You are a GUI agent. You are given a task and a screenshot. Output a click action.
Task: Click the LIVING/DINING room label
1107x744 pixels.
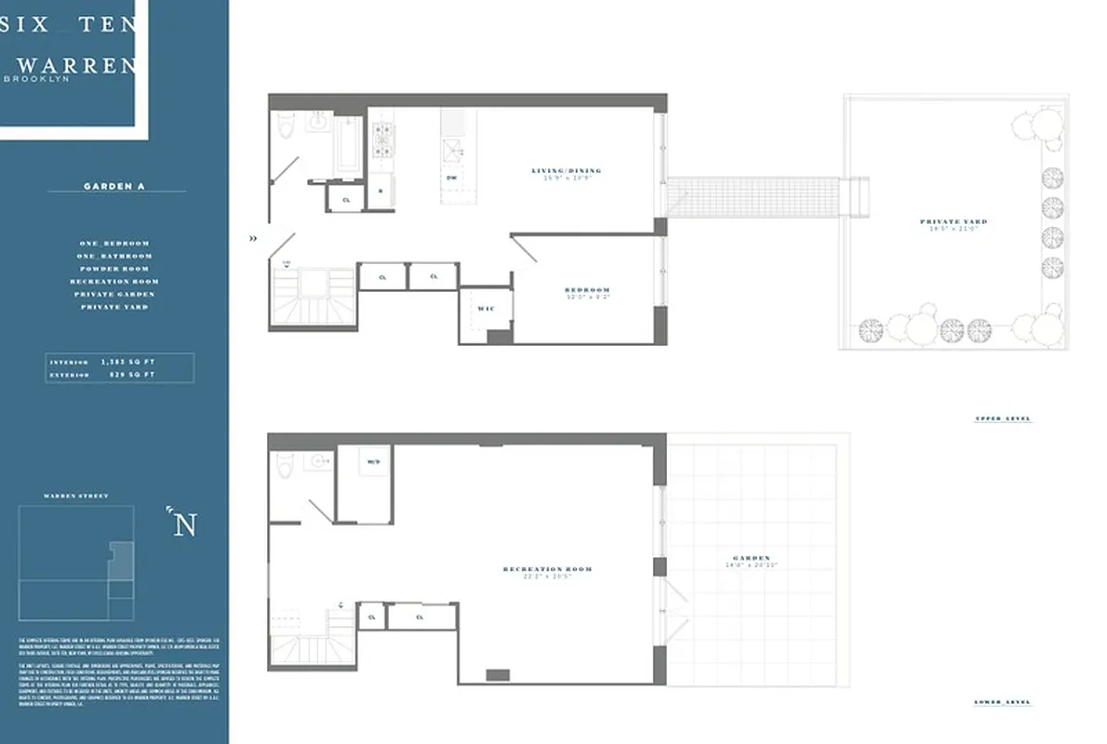click(566, 171)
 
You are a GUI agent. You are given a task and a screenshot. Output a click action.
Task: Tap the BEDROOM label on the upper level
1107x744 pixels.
click(587, 290)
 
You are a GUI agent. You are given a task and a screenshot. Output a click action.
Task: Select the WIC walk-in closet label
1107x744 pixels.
click(485, 308)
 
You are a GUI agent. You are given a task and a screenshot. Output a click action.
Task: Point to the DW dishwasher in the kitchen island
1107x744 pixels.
click(451, 177)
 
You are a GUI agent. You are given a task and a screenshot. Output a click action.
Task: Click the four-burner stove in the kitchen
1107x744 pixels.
click(381, 140)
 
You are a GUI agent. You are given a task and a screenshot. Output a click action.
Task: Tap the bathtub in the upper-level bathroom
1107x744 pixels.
click(348, 144)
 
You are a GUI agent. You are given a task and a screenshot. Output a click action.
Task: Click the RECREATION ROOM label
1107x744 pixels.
click(547, 569)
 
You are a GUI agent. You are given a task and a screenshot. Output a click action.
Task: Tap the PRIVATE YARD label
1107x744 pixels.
click(954, 222)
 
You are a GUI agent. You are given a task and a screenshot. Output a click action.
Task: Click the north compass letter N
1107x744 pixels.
click(185, 525)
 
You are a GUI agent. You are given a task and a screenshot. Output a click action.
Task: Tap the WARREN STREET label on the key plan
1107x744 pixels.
click(75, 496)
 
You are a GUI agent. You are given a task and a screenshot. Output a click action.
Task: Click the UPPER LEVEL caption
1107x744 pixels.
click(1003, 419)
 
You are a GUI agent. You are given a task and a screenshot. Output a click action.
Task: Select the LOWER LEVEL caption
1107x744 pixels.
click(1003, 702)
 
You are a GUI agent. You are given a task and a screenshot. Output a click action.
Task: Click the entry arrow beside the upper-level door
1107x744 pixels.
click(254, 238)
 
